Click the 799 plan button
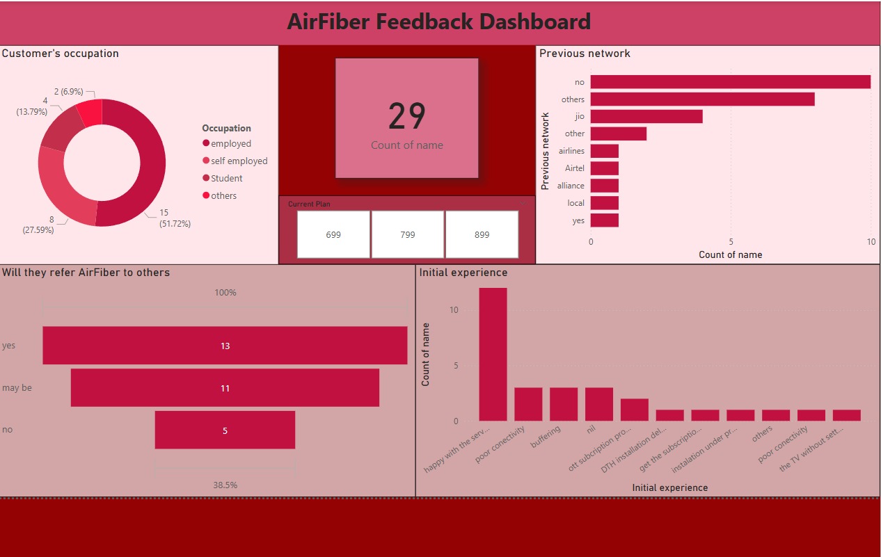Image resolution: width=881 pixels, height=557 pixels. [x=408, y=234]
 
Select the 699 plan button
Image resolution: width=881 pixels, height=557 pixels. [x=333, y=234]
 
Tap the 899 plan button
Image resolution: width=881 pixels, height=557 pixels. [x=482, y=234]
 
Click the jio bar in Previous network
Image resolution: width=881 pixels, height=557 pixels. [x=646, y=116]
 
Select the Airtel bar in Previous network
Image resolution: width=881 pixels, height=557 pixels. [x=605, y=168]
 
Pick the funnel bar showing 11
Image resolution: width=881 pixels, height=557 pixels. [x=225, y=387]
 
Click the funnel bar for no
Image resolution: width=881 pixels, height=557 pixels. [x=225, y=430]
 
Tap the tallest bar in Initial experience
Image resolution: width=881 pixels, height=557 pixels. [x=493, y=354]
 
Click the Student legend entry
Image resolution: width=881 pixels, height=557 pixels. [x=223, y=178]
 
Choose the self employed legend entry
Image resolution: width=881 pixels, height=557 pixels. [x=235, y=161]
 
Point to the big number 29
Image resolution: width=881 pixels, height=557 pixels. [x=407, y=116]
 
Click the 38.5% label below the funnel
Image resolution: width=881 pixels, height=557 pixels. [x=225, y=485]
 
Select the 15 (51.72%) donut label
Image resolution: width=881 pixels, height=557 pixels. [x=175, y=218]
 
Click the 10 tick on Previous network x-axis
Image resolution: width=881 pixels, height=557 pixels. [x=871, y=242]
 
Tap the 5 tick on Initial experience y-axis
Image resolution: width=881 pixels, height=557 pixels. [x=456, y=366]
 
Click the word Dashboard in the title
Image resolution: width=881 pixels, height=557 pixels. [x=535, y=22]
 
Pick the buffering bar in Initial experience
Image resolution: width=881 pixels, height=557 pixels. [x=564, y=404]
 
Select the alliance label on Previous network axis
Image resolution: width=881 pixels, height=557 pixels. [x=571, y=186]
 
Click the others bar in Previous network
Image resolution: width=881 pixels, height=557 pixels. [x=702, y=99]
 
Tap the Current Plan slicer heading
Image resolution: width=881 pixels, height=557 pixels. [x=309, y=204]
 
